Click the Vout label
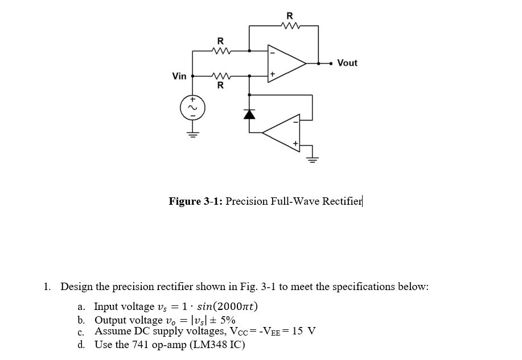tap(347, 63)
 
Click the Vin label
tap(179, 76)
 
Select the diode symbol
tap(249, 114)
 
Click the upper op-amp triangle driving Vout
tap(286, 63)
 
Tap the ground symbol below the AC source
tap(193, 135)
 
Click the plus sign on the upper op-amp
tap(273, 74)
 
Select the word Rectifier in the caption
tap(342, 201)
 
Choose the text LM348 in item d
tap(212, 345)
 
